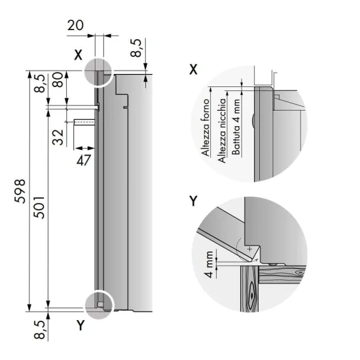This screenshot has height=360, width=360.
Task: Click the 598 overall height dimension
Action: click(x=19, y=190)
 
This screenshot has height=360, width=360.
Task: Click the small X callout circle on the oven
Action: click(x=98, y=70)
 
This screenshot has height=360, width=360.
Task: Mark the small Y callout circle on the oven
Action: click(x=99, y=305)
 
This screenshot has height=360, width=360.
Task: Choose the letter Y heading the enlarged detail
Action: click(x=193, y=200)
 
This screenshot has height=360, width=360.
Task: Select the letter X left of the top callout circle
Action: click(x=77, y=55)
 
